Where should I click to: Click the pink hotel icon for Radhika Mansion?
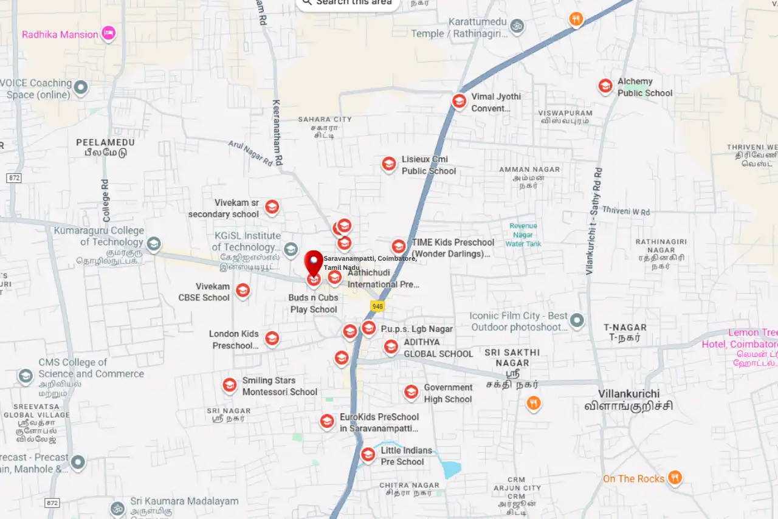tap(108, 33)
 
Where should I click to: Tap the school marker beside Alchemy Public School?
tap(605, 86)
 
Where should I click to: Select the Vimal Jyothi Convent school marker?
tap(460, 101)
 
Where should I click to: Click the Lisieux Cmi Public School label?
tap(428, 165)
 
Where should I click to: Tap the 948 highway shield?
tap(377, 306)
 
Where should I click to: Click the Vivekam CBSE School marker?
tap(243, 290)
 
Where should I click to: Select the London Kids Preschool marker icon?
tap(272, 338)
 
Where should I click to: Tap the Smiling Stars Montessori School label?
tap(280, 386)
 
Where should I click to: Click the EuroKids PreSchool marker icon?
tap(327, 421)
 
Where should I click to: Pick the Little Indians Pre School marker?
tap(368, 455)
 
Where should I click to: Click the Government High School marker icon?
tap(411, 392)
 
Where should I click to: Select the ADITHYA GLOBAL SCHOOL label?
tap(438, 348)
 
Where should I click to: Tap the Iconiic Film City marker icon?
tap(577, 320)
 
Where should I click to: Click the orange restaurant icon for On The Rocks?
tap(674, 478)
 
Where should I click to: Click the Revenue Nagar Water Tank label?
tap(523, 235)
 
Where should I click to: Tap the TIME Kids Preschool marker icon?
tap(399, 246)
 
